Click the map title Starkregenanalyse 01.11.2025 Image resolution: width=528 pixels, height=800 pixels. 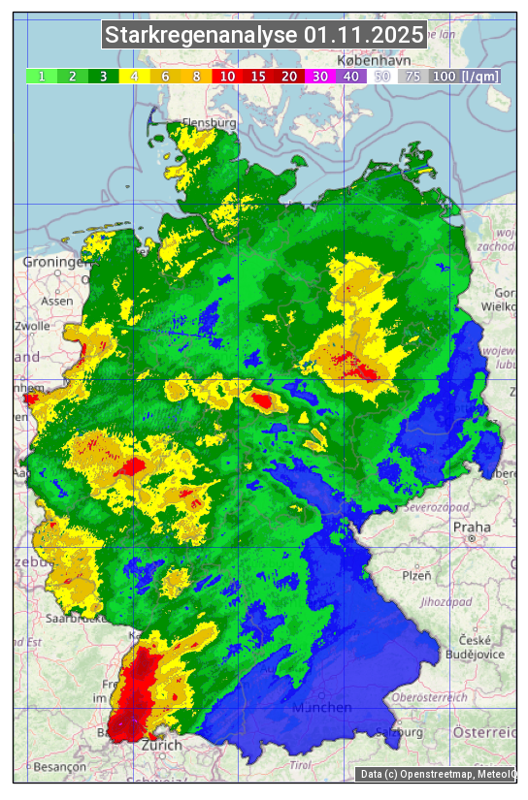click(x=264, y=36)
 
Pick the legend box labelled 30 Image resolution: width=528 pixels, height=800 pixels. click(x=319, y=76)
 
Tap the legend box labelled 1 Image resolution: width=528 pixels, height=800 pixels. click(x=42, y=76)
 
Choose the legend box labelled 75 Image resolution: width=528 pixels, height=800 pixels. click(x=412, y=76)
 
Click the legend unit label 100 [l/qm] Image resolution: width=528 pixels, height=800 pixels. click(x=465, y=76)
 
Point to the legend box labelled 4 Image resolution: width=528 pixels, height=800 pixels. click(x=134, y=76)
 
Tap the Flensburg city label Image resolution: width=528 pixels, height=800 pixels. click(x=210, y=124)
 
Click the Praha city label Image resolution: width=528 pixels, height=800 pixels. click(x=472, y=528)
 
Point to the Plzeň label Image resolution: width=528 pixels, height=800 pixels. click(x=416, y=575)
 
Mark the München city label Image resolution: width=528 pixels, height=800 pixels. click(x=322, y=708)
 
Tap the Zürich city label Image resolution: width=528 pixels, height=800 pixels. click(x=161, y=745)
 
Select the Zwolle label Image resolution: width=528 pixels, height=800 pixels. click(x=31, y=326)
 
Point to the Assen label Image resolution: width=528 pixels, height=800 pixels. click(x=57, y=301)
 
